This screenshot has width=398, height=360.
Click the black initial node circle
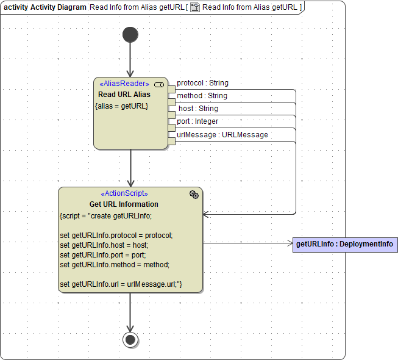click(x=130, y=35)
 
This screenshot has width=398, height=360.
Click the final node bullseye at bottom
click(x=130, y=339)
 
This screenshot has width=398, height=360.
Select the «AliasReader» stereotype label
click(x=124, y=84)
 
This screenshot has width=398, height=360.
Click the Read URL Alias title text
click(x=124, y=95)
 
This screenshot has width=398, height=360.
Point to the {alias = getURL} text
click(x=122, y=106)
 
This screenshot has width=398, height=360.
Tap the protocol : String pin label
click(x=202, y=83)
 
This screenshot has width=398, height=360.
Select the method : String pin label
click(x=202, y=96)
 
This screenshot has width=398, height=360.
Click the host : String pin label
click(x=198, y=109)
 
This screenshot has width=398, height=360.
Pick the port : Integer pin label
click(x=197, y=121)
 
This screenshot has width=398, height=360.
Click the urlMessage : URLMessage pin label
click(x=222, y=135)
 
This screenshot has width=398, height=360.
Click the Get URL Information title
click(x=124, y=204)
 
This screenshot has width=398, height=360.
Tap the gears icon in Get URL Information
click(x=194, y=194)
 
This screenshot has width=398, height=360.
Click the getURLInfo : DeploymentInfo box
click(x=345, y=245)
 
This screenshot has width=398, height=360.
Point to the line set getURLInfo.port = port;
click(x=102, y=254)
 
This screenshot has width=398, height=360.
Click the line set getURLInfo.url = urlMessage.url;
click(x=121, y=284)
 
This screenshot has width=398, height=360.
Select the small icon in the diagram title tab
click(x=195, y=7)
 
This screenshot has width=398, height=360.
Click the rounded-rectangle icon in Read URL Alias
click(x=159, y=84)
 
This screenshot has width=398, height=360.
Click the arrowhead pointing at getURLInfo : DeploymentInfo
click(x=290, y=243)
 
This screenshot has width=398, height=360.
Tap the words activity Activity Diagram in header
click(x=44, y=7)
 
